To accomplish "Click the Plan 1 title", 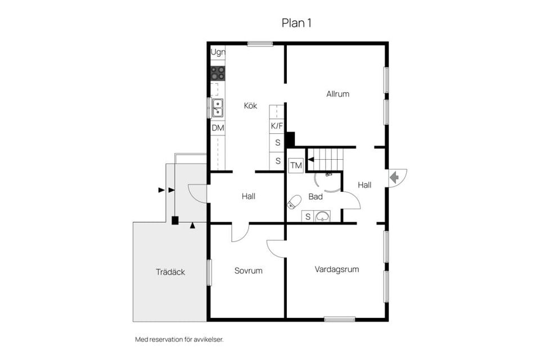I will [x=296, y=22].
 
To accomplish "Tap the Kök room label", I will [x=250, y=105].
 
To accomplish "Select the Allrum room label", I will [x=337, y=94].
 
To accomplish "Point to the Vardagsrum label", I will [x=336, y=269].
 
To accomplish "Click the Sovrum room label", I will [x=248, y=271].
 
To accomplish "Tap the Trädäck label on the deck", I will [x=170, y=272].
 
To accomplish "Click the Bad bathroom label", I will [x=316, y=197].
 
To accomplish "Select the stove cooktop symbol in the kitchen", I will [x=218, y=73].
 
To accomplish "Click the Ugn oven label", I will [x=218, y=53].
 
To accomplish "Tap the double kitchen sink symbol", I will [x=217, y=107].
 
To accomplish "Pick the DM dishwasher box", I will [x=218, y=128].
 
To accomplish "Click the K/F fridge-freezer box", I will [x=277, y=126].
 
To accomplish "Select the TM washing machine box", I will [x=296, y=165].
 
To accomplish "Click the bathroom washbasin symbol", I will [x=322, y=216].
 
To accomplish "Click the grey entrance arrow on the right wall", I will [x=394, y=177].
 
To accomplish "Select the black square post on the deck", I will [x=175, y=220].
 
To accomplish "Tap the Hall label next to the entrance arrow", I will [x=364, y=184].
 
